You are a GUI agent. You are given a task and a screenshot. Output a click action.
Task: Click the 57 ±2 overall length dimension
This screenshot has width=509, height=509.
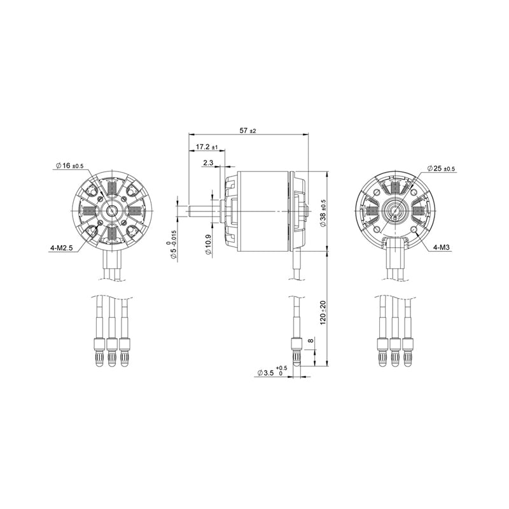click(248, 130)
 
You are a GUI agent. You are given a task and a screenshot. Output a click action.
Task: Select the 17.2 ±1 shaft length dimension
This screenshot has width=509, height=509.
click(206, 147)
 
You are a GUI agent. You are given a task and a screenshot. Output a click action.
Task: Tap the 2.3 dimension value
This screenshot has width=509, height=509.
click(207, 162)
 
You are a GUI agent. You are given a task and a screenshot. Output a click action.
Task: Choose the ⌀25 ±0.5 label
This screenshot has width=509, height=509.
click(442, 168)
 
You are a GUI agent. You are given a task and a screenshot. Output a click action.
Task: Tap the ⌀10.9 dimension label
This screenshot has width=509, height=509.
click(209, 245)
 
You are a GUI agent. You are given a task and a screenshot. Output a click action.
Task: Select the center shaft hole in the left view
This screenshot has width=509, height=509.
click(112, 210)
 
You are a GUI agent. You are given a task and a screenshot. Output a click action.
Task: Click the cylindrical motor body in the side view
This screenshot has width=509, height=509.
click(263, 210)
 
